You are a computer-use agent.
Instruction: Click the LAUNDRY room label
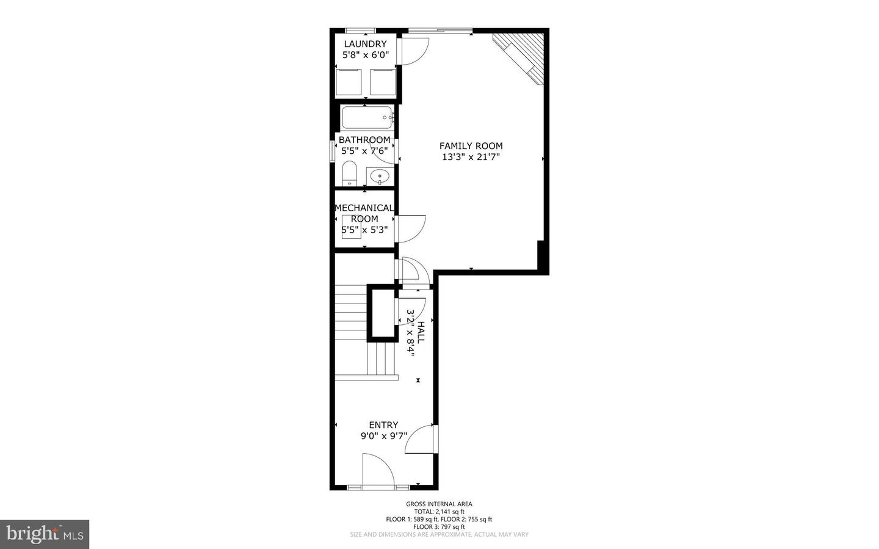tap(365, 44)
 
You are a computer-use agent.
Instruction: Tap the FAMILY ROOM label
tap(471, 146)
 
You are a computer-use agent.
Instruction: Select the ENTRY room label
tap(383, 425)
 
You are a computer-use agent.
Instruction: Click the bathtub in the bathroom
tap(366, 117)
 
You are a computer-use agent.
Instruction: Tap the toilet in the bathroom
tap(349, 173)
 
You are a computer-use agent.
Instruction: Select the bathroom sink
tap(380, 176)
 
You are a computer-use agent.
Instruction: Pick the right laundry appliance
tap(383, 82)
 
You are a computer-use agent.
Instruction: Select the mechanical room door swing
tap(410, 228)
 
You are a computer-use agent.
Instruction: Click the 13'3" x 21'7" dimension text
tap(471, 157)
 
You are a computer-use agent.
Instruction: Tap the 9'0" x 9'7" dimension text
tap(383, 436)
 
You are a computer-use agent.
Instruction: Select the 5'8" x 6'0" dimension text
tap(365, 55)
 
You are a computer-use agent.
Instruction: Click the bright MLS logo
tap(45, 534)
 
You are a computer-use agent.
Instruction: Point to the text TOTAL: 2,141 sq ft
tap(439, 512)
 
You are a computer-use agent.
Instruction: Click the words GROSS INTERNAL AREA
tap(439, 504)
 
